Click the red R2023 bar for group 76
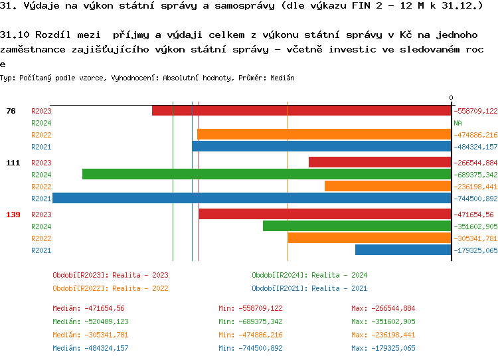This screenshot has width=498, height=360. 301,111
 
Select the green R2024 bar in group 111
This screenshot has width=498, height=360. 266,175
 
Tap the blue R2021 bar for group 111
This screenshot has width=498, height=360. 252,199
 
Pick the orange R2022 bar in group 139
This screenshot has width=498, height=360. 369,238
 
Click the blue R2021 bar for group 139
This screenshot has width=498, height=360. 403,250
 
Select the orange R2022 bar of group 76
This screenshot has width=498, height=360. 324,135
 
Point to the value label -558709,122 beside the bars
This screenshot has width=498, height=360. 475,111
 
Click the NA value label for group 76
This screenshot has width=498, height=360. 457,123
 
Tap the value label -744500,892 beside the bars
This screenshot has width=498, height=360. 475,199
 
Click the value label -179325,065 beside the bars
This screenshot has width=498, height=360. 475,250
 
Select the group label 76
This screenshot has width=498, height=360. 11,111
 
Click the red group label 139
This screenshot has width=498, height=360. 13,215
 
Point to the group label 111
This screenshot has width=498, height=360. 13,163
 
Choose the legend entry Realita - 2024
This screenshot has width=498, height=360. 309,275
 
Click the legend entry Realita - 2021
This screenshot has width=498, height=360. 309,288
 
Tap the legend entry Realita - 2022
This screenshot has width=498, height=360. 110,288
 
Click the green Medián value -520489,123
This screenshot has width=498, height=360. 90,321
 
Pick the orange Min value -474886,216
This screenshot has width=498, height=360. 250,335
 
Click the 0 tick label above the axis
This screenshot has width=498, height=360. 451,98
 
